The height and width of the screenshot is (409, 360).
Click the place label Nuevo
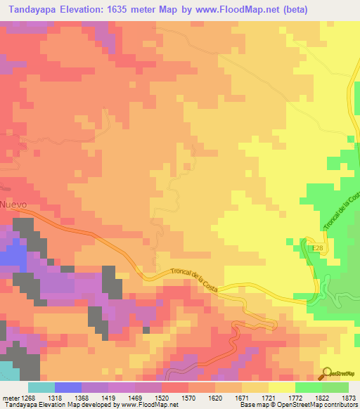(13, 204)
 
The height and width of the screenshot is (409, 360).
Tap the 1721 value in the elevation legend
(266, 397)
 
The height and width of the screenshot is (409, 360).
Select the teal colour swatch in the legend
(41, 387)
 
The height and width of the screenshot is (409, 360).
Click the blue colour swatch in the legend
(67, 387)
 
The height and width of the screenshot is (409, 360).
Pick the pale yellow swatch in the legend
(281, 387)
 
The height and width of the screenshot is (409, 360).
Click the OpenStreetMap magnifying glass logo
(327, 373)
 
